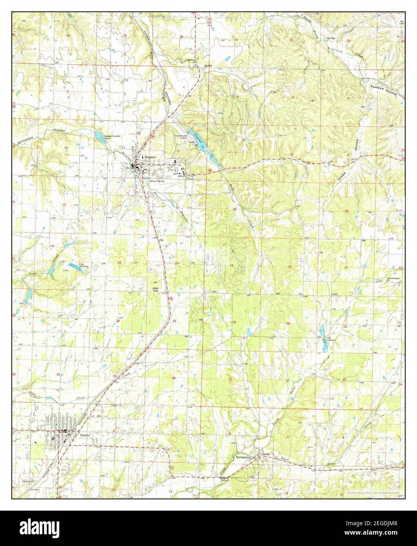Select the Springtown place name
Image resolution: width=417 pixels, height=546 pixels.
[243, 458]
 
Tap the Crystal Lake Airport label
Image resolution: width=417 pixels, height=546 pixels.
[180, 137]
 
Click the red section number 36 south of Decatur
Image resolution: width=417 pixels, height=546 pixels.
[174, 378]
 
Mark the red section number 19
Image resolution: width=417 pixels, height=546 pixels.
[231, 266]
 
